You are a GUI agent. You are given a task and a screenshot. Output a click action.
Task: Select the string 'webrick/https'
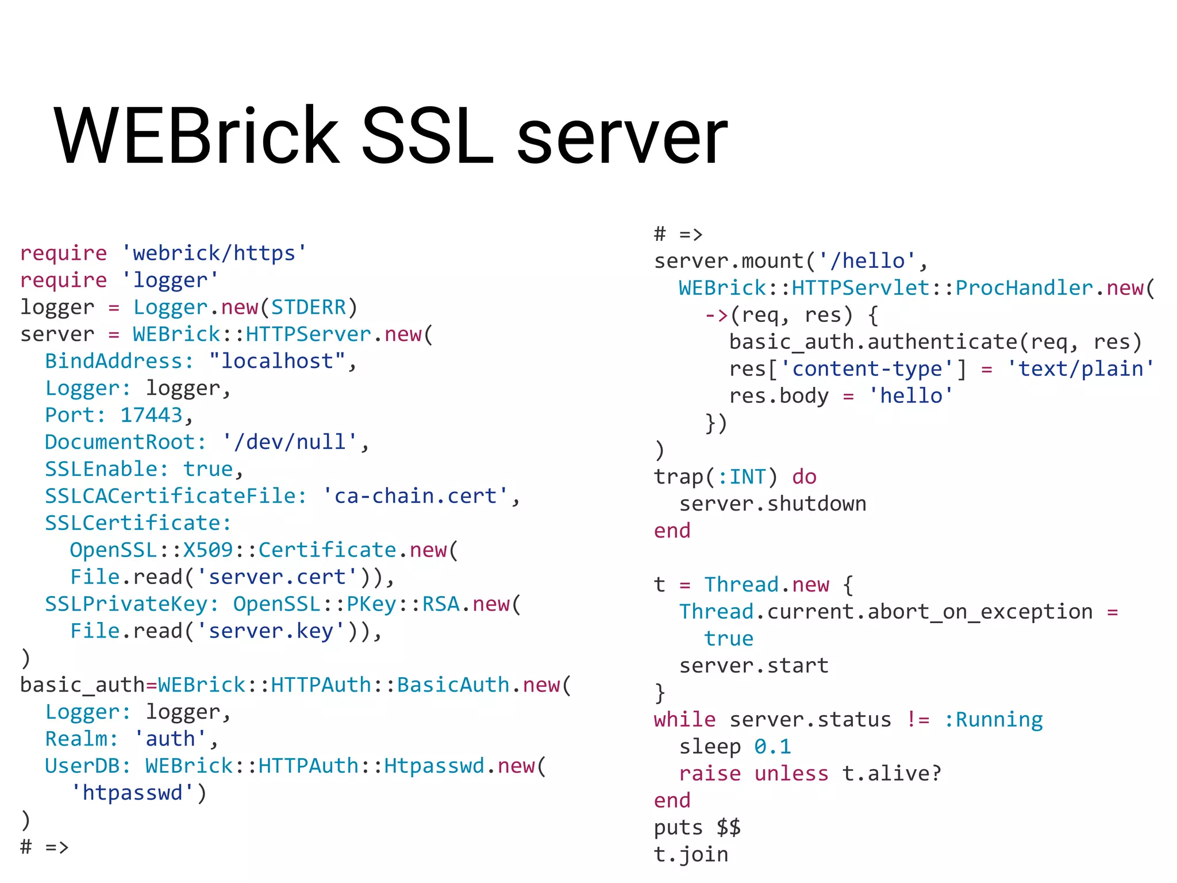tap(214, 253)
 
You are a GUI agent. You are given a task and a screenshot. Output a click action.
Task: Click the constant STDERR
tap(309, 307)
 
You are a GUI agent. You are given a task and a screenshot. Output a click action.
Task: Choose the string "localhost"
tap(277, 361)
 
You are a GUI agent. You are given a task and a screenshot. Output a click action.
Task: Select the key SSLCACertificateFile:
tap(176, 496)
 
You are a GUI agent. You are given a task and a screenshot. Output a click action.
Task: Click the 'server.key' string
tap(270, 631)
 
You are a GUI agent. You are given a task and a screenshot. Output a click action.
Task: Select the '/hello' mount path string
tap(867, 261)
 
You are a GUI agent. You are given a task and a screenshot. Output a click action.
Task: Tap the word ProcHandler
tap(1024, 288)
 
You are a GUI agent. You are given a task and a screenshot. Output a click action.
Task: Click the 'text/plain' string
tap(1080, 369)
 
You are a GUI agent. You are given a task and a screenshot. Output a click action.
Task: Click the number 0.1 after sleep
tap(773, 747)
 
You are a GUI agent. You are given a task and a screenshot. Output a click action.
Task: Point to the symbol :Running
tap(993, 720)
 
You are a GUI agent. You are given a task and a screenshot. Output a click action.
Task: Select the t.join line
tap(691, 855)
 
